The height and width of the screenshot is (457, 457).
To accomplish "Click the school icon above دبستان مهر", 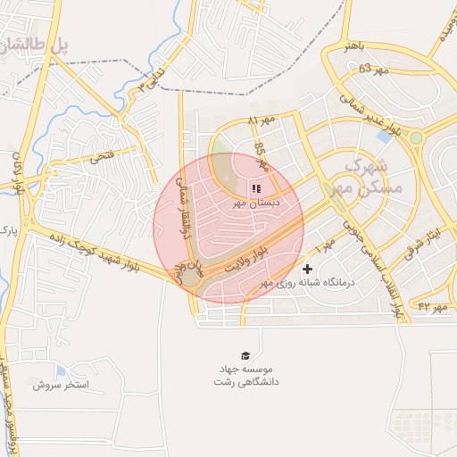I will click(x=257, y=188).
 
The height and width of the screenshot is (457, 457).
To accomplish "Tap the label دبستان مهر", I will click(x=257, y=204).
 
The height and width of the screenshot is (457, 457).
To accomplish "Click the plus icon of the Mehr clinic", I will click(x=308, y=268).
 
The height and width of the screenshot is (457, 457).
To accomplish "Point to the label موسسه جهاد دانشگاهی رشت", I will click(x=245, y=375).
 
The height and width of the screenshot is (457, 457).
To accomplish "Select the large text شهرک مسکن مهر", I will click(x=376, y=177).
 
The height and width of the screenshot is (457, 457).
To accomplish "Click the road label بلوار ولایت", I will click(x=245, y=259).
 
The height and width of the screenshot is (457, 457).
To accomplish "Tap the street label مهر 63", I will click(x=375, y=69).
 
